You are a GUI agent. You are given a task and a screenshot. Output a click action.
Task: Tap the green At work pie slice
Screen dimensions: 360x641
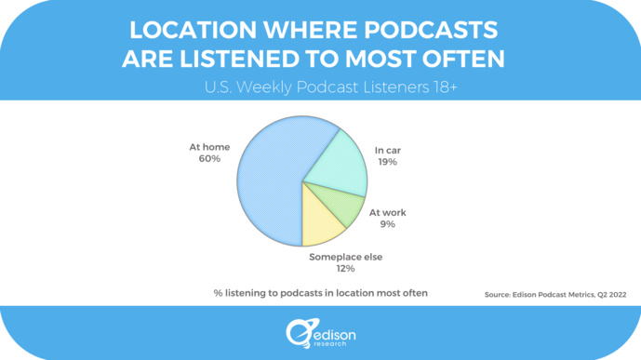(x=340, y=206)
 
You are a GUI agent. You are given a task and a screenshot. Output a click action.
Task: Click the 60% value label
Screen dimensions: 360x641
(x=209, y=159)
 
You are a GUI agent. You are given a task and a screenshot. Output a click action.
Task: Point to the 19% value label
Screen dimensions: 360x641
(x=387, y=162)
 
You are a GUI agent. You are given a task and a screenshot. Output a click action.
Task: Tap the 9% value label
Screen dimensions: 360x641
(x=387, y=224)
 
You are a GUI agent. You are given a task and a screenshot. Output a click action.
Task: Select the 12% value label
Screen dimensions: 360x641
(x=345, y=269)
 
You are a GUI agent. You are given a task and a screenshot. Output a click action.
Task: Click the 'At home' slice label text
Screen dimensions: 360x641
(x=209, y=146)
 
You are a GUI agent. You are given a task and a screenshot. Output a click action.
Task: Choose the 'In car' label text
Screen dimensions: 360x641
(x=387, y=149)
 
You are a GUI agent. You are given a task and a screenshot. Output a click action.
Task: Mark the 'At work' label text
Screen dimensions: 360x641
(x=387, y=212)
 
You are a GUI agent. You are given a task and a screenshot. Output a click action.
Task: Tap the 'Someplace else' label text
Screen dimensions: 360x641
(x=345, y=257)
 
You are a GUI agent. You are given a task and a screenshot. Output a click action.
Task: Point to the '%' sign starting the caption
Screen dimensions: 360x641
(x=218, y=293)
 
